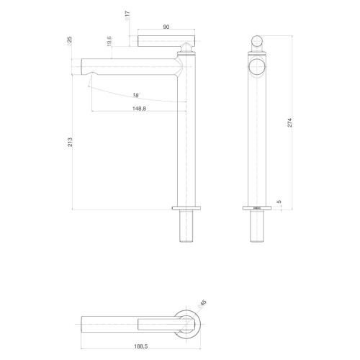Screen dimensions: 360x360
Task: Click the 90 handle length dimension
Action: click(166, 27)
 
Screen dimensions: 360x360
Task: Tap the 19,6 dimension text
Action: click(109, 41)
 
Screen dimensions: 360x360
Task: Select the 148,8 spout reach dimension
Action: click(139, 109)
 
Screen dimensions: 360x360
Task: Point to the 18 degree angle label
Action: click(136, 95)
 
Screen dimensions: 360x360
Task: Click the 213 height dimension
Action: click(70, 142)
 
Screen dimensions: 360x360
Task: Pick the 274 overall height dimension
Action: click(290, 122)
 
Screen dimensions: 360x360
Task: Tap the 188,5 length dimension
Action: click(140, 346)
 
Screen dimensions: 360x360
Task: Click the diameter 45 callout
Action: click(202, 305)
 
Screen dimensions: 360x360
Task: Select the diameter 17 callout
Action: click(127, 16)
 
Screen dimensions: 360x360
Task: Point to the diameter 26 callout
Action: click(69, 41)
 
